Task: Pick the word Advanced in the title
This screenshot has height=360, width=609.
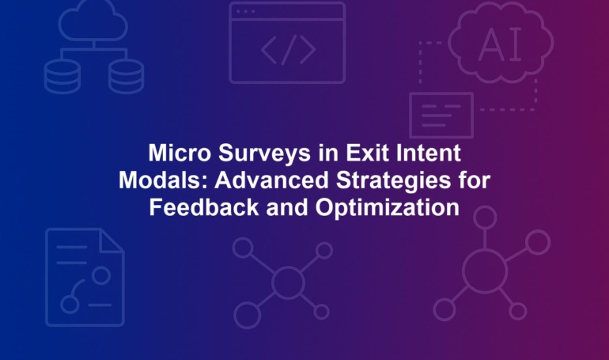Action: pos(271,180)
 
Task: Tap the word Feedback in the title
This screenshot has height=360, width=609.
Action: pos(204,207)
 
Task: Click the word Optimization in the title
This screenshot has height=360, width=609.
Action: pos(388,209)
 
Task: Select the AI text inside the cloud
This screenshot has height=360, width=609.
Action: pos(500,45)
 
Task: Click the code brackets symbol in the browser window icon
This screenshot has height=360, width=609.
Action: pos(288,50)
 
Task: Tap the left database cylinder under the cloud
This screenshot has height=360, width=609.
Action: pos(62,77)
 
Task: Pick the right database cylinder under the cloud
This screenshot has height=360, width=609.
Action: pos(126,77)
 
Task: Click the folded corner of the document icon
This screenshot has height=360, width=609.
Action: pos(112,241)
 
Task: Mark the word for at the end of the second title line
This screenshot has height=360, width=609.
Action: pos(475,180)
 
